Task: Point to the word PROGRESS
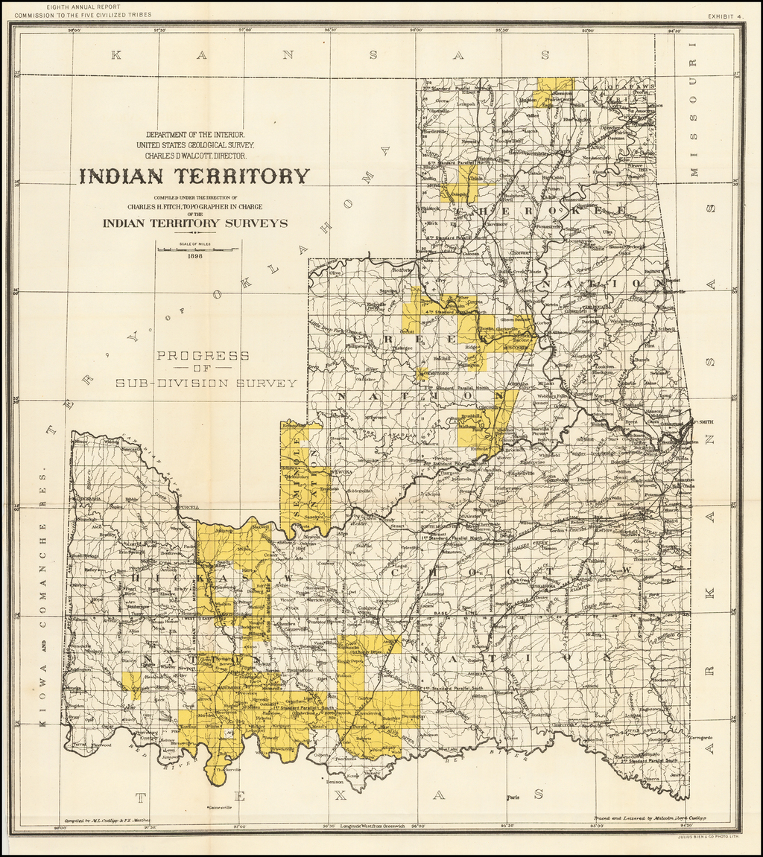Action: (203, 355)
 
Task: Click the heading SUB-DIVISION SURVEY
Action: (206, 383)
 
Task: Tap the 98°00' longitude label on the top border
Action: (73, 31)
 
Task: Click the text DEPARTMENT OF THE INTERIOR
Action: (196, 134)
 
